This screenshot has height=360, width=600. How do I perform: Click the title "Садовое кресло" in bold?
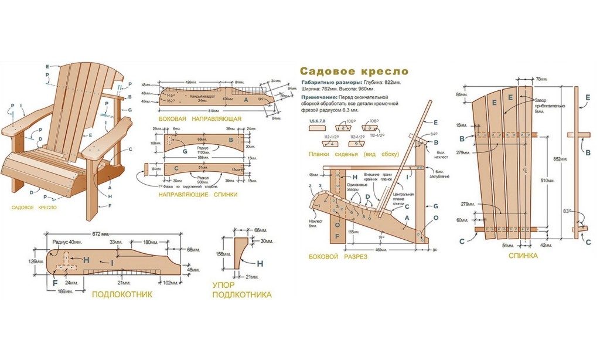[x=354, y=71]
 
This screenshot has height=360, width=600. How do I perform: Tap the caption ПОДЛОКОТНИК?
[x=122, y=294]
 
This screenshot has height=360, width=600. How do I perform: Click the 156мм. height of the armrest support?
[x=221, y=254]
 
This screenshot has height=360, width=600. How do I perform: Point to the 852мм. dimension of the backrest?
[x=560, y=159]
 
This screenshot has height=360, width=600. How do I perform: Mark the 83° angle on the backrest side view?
[x=566, y=210]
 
